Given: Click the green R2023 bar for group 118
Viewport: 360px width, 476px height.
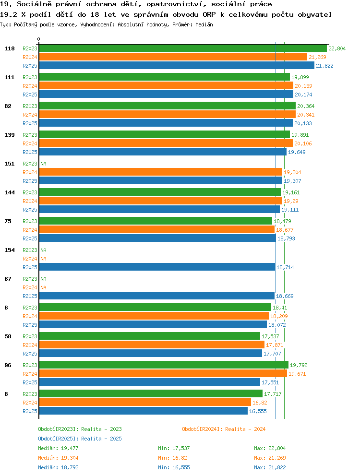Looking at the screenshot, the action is (183, 48).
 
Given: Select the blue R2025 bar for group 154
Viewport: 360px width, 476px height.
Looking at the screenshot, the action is (157, 267).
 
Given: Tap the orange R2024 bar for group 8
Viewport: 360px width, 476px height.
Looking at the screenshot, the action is (145, 403).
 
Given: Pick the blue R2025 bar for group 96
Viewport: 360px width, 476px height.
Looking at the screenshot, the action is (150, 382).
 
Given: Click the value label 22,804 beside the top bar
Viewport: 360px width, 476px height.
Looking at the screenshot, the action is (337, 48).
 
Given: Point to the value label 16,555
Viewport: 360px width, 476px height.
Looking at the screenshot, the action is (258, 411).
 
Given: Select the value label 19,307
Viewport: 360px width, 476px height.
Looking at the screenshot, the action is (292, 181).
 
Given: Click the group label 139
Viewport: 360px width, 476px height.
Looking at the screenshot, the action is (10, 135).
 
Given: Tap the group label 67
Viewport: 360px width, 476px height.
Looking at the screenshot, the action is (8, 279).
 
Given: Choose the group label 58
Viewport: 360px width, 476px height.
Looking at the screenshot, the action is (8, 336).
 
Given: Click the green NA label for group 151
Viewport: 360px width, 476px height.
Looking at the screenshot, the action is (44, 164).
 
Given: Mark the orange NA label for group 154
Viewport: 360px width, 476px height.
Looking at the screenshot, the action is (44, 259).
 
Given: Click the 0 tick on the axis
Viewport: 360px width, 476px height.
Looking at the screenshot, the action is (38, 39).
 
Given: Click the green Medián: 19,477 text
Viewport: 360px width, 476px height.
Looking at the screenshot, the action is (58, 448).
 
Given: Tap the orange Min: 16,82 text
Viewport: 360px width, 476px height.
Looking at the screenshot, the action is (172, 458).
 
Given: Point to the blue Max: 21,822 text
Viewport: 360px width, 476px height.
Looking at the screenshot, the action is (270, 467).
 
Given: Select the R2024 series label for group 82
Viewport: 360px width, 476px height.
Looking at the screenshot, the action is (30, 115).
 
